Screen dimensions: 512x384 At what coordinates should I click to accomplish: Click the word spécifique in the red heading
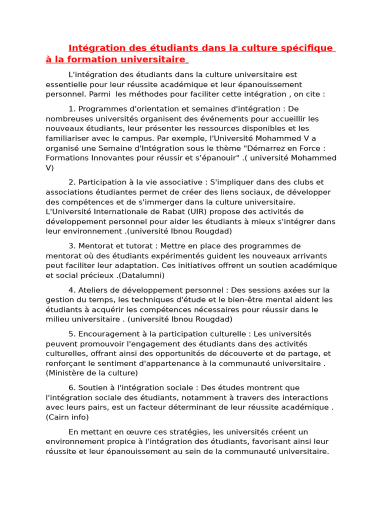[x=306, y=48]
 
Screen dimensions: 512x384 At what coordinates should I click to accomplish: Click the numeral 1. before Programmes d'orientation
[x=72, y=108]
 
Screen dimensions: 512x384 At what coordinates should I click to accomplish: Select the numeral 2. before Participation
[x=72, y=182]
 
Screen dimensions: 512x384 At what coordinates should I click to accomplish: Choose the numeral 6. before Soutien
[x=72, y=387]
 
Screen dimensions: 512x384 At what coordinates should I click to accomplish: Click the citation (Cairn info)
[x=67, y=417]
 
